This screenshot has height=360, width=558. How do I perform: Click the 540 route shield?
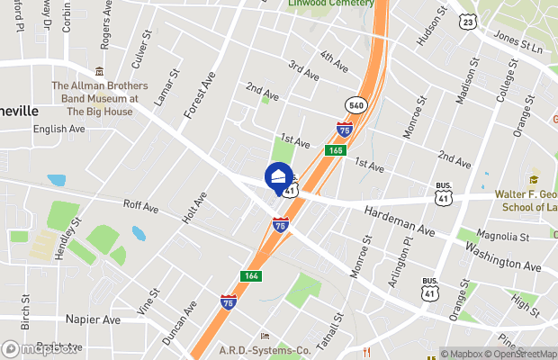357,104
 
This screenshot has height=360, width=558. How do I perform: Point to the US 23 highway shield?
467,21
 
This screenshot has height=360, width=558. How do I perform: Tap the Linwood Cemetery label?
328,4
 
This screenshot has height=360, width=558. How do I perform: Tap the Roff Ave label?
140,208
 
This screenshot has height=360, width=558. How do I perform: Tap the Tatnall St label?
332,333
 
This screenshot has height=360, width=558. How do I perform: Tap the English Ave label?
58,129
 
